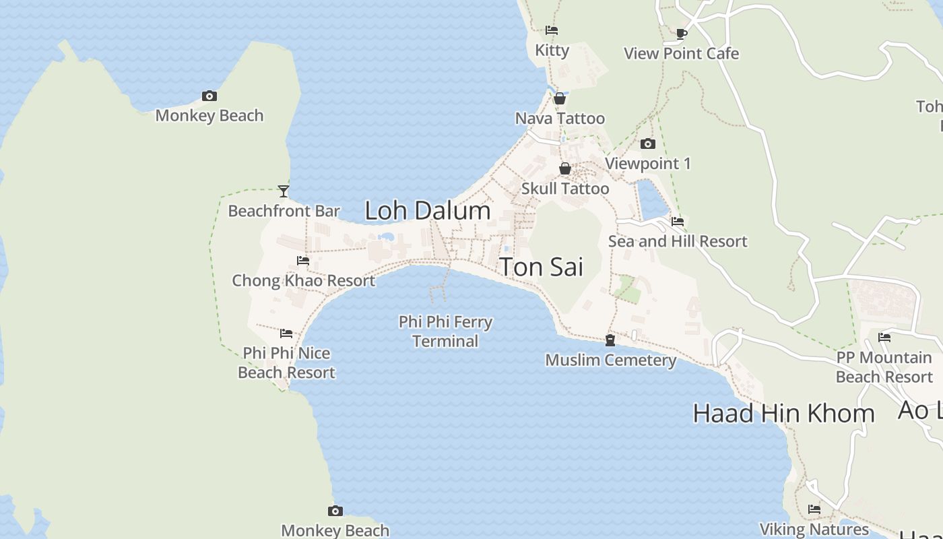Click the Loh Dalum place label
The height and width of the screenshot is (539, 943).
(x=428, y=210)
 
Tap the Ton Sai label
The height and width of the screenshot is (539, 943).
(x=542, y=267)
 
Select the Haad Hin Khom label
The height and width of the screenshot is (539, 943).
(x=783, y=413)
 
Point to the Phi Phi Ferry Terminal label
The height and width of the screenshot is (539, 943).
(x=445, y=331)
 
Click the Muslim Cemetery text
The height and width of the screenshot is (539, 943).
(x=610, y=360)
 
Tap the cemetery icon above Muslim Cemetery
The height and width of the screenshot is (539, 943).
(x=610, y=340)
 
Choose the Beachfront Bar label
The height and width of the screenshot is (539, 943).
(x=284, y=211)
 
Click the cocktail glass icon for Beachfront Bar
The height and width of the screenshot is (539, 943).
(x=284, y=191)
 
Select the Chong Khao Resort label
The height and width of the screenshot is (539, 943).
(x=303, y=280)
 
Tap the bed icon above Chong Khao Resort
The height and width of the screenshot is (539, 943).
(x=303, y=261)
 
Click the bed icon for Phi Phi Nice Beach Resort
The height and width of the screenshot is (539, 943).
(x=286, y=334)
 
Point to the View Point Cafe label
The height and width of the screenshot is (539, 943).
(x=681, y=53)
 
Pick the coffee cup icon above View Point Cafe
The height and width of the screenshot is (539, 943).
(x=681, y=34)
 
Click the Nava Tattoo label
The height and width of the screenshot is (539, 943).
(x=560, y=119)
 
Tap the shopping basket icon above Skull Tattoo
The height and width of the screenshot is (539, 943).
(x=565, y=168)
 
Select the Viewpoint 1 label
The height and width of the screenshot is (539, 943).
(x=647, y=163)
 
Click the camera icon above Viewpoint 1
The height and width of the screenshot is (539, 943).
(x=647, y=144)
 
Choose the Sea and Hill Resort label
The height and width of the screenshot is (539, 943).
(x=678, y=241)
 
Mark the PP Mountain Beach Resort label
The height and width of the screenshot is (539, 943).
(x=884, y=367)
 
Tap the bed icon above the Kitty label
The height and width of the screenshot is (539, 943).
(x=552, y=30)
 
